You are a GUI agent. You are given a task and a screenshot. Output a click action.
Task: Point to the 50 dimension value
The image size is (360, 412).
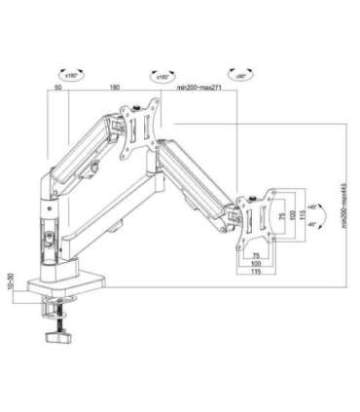[58, 88]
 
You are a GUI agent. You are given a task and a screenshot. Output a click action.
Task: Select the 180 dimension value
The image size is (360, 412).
[115, 88]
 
